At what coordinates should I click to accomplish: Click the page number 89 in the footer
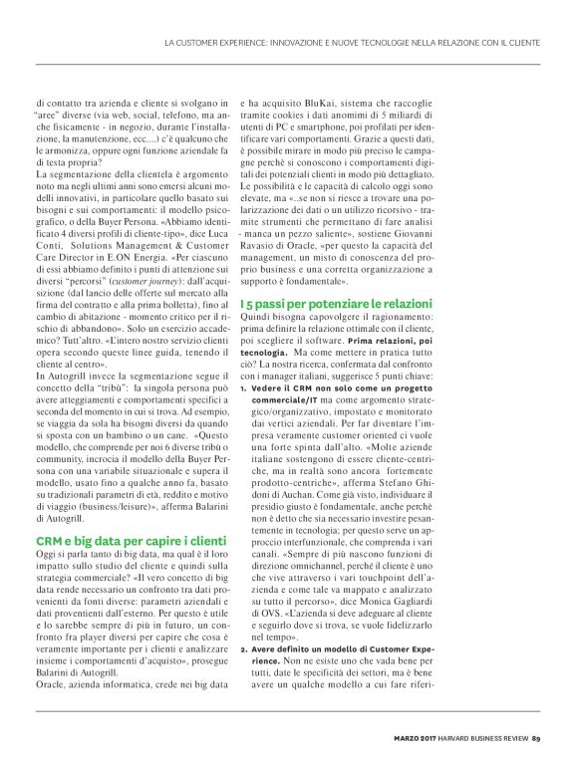click(x=535, y=738)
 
